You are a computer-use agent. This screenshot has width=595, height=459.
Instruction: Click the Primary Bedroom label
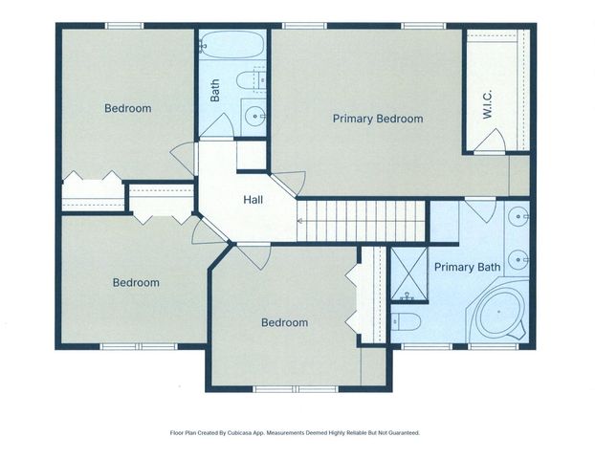[x=378, y=119]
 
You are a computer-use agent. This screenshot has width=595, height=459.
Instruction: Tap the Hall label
[x=253, y=200]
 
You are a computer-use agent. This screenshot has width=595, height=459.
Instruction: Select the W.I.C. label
[x=487, y=104]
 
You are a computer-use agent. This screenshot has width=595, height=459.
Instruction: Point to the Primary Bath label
[x=467, y=267]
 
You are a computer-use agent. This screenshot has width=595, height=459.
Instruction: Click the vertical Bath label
[x=215, y=90]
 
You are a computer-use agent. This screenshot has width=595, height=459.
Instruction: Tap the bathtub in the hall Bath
[x=231, y=44]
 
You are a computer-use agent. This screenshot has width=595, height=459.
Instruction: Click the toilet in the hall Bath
[x=251, y=79]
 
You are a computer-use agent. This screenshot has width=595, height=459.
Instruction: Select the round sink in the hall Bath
[x=254, y=116]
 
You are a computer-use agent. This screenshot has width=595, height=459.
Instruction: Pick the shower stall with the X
[x=409, y=273]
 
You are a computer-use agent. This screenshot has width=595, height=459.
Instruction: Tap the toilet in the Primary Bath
[x=406, y=322]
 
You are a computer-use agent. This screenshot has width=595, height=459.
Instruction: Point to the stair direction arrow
[x=299, y=221]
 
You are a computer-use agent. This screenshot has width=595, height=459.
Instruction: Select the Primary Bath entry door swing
[x=481, y=209]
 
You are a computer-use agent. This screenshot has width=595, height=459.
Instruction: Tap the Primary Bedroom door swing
[x=290, y=184]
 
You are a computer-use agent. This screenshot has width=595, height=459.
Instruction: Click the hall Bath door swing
[x=217, y=125]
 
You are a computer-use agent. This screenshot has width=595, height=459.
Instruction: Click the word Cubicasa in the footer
[x=237, y=432]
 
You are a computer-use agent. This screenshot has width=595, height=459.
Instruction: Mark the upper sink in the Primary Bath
[x=518, y=217]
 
